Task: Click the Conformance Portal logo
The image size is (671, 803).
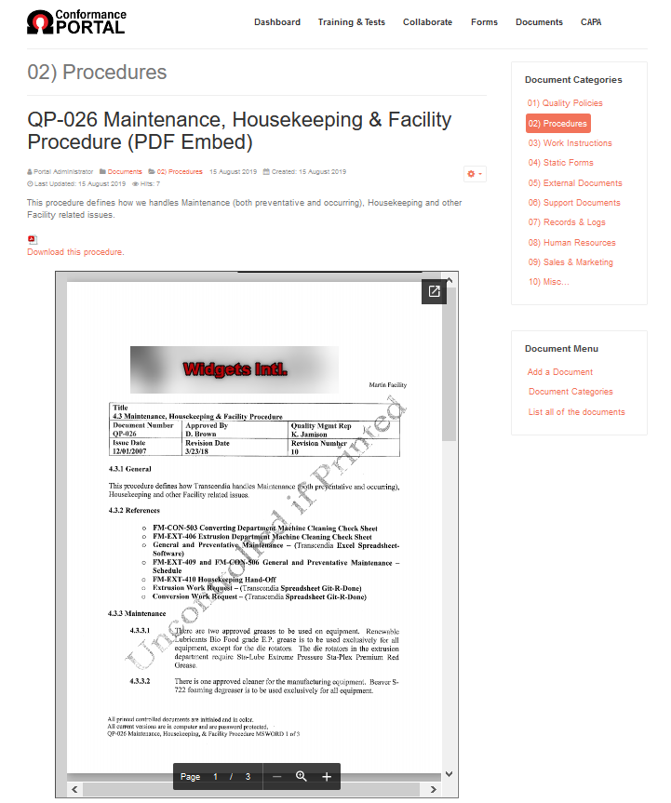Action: [x=76, y=22]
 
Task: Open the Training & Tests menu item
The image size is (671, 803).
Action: [x=351, y=22]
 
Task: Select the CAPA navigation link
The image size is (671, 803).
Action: [x=591, y=22]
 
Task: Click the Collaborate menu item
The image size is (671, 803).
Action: [x=427, y=22]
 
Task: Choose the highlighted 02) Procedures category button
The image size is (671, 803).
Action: [x=557, y=124]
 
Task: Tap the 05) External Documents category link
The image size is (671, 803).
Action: [x=575, y=183]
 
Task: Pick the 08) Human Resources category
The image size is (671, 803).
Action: [x=572, y=243]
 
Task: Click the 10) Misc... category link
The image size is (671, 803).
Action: [x=549, y=282]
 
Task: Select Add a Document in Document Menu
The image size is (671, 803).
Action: [x=560, y=372]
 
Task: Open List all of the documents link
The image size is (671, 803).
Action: [x=577, y=412]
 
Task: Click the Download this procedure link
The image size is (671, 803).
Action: [x=75, y=252]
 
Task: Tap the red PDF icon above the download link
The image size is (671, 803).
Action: [x=33, y=240]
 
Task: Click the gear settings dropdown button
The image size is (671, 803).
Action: [x=474, y=174]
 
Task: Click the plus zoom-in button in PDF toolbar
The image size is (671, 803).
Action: [x=327, y=776]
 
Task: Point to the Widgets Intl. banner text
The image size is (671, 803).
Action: [x=235, y=369]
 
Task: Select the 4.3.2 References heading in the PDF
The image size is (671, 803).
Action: [x=134, y=511]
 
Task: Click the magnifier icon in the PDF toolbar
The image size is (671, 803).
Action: [x=302, y=776]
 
